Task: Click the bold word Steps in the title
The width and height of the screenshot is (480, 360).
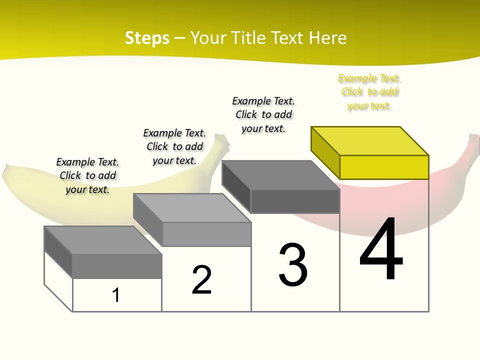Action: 147,38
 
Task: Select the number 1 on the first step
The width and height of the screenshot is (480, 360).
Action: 116,295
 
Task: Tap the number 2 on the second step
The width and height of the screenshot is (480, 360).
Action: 201,280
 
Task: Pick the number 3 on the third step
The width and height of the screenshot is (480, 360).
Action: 293,265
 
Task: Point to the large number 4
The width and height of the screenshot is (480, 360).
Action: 381,250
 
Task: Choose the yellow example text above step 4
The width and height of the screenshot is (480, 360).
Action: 369,92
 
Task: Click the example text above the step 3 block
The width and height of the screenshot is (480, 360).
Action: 263,114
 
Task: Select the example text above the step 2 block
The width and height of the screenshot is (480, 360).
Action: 174,146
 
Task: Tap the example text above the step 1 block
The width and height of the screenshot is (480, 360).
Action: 87,175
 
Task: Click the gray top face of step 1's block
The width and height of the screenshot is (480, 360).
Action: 102,240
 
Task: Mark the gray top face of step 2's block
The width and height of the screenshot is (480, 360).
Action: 192,208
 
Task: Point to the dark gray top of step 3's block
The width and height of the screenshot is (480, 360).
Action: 280,175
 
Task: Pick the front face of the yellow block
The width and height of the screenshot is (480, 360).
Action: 384,167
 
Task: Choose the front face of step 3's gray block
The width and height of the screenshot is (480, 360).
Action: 295,201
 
